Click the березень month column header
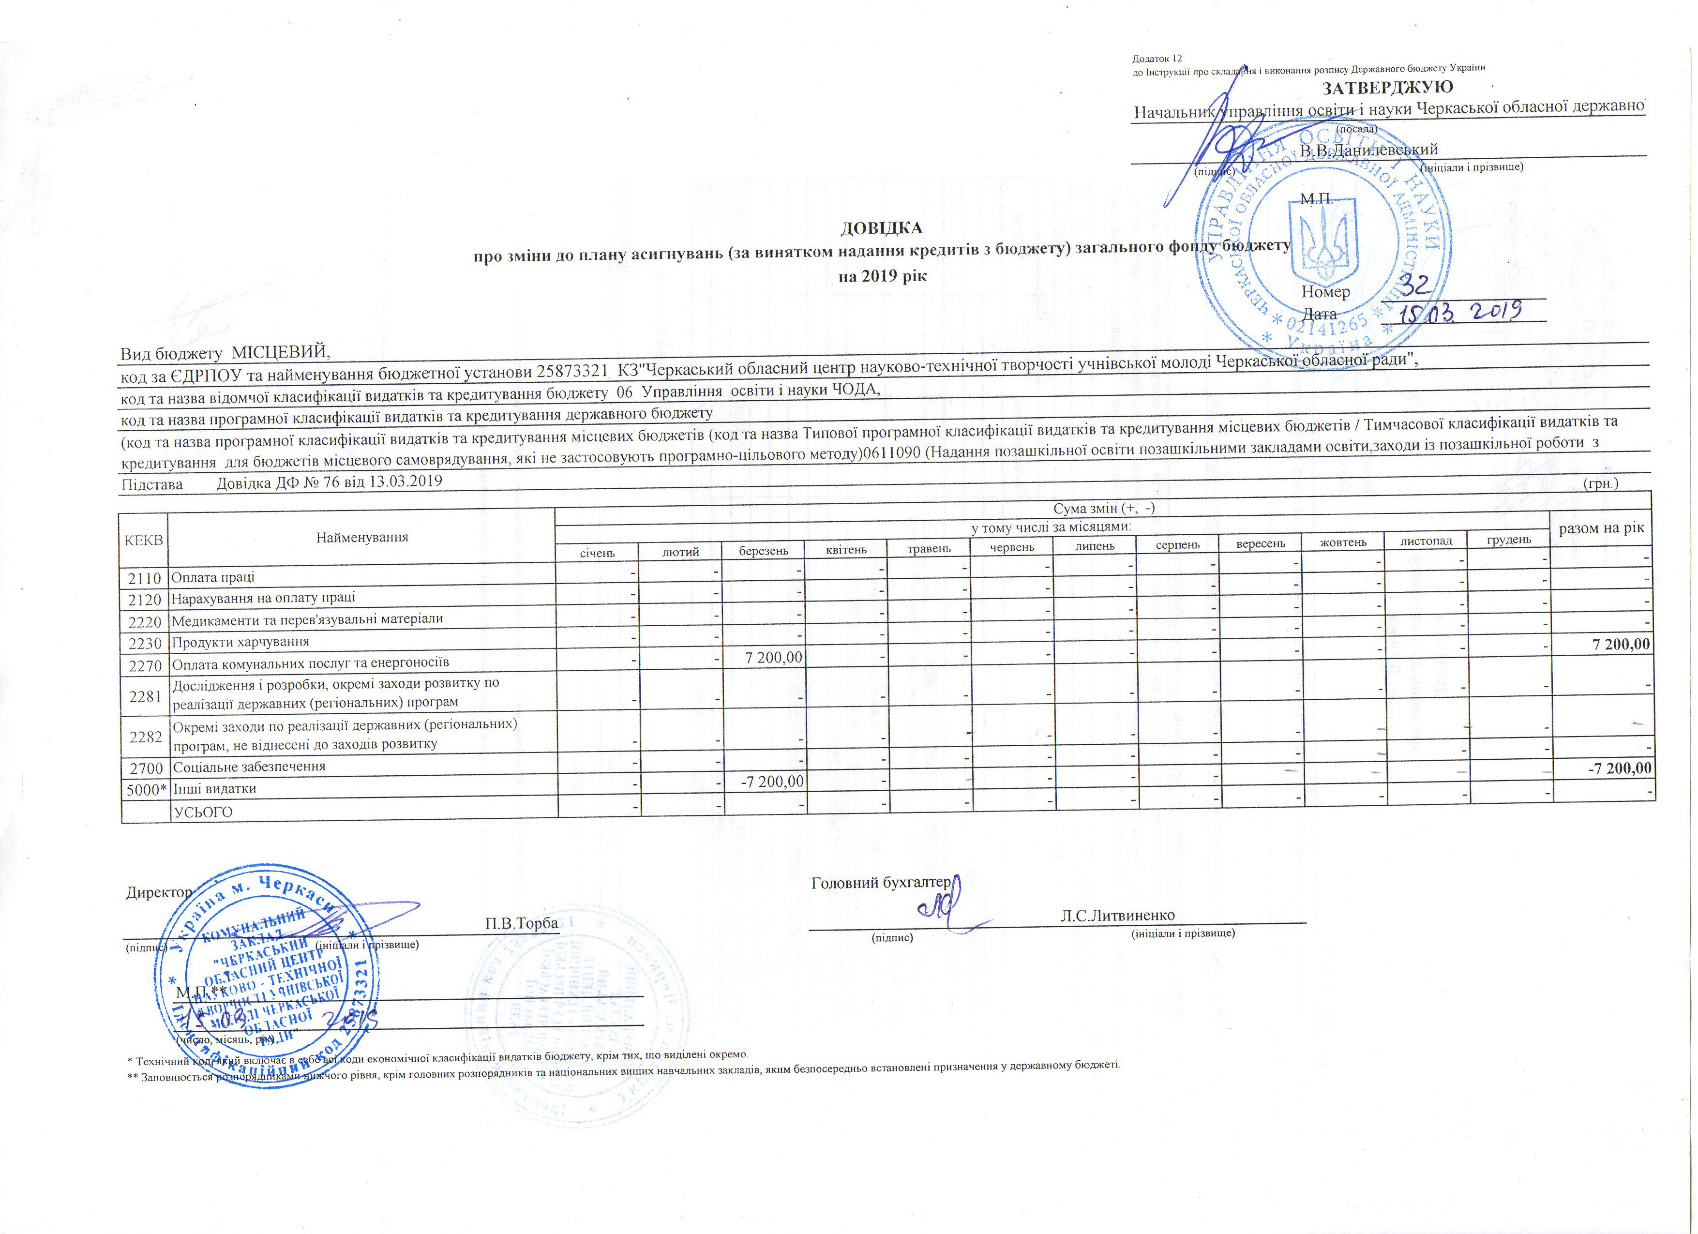pos(763,551)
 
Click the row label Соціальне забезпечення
pos(249,767)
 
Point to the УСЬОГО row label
pos(203,812)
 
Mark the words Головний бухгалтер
pos(880,883)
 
